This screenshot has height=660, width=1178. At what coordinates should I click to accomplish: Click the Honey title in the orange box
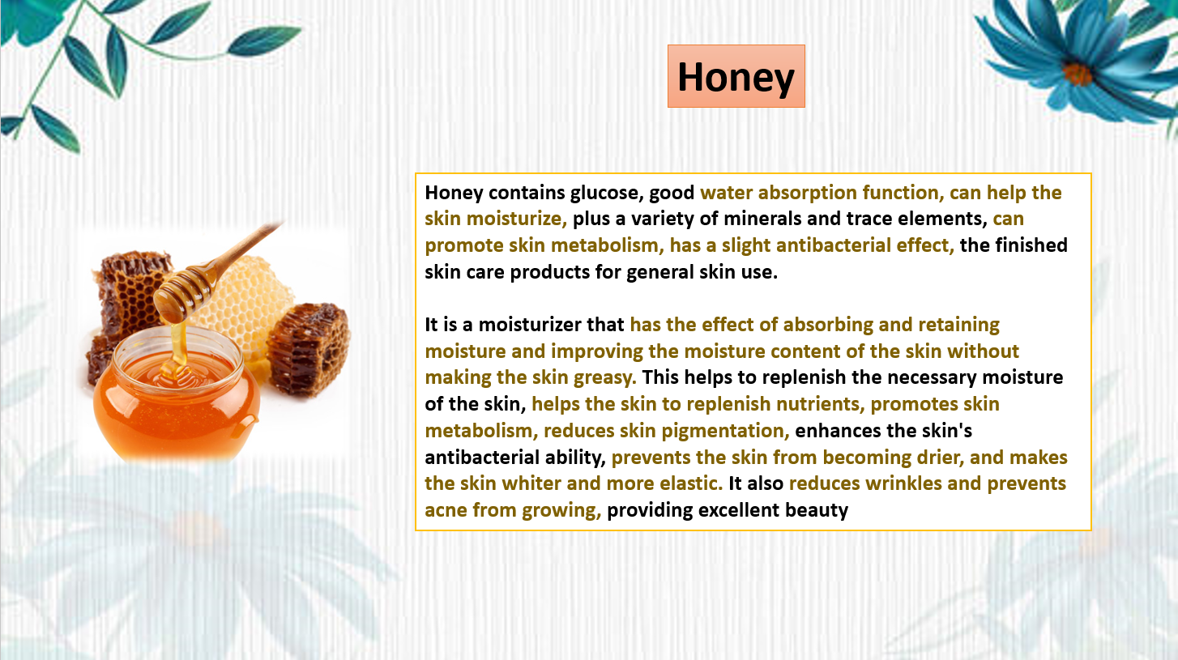click(736, 77)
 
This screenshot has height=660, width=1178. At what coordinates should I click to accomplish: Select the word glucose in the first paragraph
click(607, 194)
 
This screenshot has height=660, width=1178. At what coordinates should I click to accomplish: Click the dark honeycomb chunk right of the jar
click(308, 349)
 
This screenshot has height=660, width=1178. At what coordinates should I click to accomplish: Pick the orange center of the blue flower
click(1077, 74)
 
